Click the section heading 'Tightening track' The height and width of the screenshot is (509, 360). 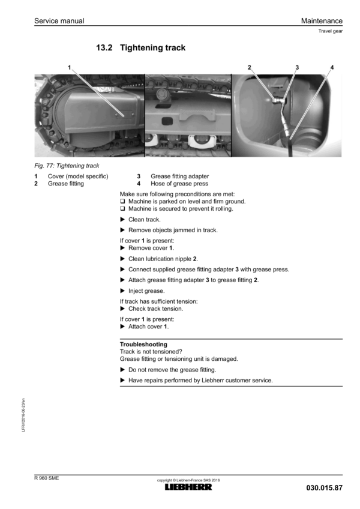153,47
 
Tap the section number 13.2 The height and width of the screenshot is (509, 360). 106,47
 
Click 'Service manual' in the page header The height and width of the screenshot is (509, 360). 59,21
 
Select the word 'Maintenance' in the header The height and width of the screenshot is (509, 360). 322,21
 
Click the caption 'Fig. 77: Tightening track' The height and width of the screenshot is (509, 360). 67,166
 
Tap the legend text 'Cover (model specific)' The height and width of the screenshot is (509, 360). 78,176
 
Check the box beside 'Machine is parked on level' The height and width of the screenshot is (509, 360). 122,202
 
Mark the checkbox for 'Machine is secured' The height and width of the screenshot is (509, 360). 122,209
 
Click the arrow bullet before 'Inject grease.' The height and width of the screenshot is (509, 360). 123,291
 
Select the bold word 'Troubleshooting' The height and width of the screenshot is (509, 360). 143,345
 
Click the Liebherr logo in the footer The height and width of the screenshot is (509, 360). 188,487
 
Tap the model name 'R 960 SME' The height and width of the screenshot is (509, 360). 46,478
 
